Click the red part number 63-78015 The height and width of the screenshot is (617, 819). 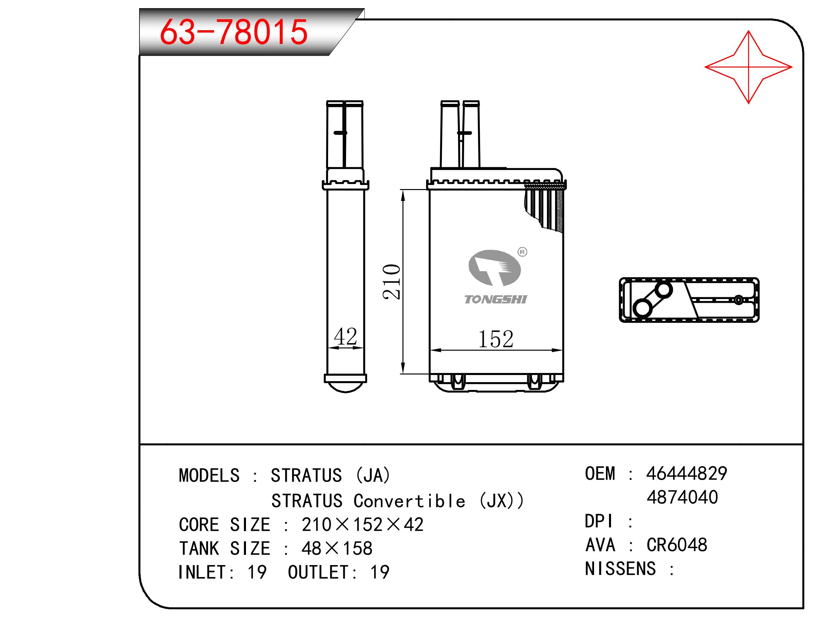click(x=234, y=32)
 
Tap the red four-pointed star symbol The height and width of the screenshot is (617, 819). click(x=748, y=67)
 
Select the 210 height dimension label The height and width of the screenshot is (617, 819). click(x=392, y=281)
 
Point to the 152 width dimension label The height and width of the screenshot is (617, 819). click(x=496, y=339)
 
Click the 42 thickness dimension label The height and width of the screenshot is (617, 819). click(x=345, y=336)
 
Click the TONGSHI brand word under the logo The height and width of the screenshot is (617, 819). click(x=495, y=299)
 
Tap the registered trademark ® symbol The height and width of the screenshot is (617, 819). click(x=522, y=252)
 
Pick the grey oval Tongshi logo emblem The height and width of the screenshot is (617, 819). click(x=495, y=268)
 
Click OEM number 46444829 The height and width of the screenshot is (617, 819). click(x=687, y=473)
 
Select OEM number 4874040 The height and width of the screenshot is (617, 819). click(x=682, y=497)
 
